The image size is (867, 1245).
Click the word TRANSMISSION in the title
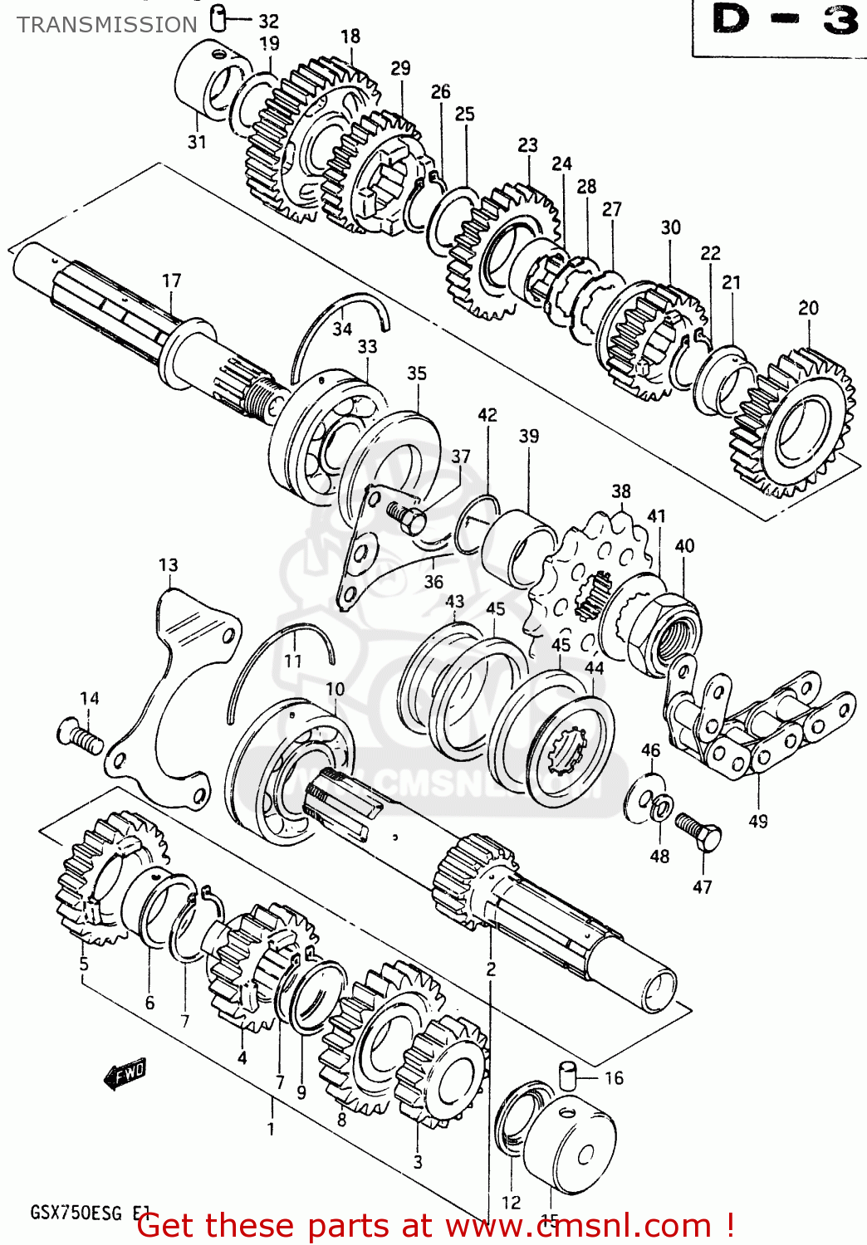pos(107,25)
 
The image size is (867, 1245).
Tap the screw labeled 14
pos(79,736)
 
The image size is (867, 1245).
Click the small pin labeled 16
pos(567,1076)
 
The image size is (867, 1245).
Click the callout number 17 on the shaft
pos(171,281)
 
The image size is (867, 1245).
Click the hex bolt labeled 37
pos(406,518)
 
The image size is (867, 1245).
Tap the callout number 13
pos(168,565)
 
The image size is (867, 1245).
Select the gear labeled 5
pos(104,880)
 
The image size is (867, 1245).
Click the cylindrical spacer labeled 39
pos(518,548)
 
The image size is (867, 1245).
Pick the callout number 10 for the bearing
pos(335,689)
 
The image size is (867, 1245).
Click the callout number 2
pos(491,969)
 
